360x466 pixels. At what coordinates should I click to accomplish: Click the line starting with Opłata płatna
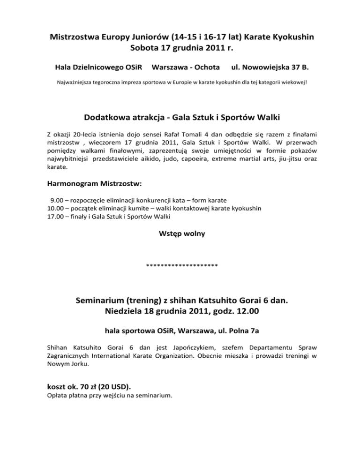point(110,395)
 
